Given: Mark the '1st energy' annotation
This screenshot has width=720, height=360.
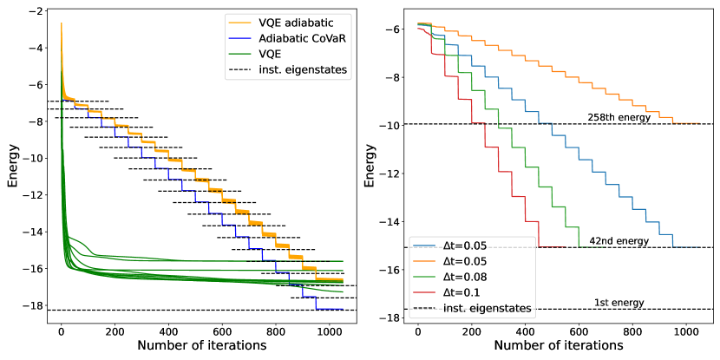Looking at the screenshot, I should tap(619, 302).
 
